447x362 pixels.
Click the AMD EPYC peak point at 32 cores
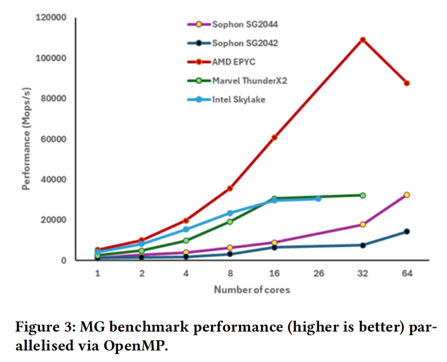click(362, 40)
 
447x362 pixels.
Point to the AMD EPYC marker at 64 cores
click(406, 83)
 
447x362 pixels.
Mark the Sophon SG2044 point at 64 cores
click(406, 195)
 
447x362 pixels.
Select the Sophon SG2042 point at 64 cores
click(406, 232)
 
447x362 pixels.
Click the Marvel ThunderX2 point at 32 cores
click(362, 195)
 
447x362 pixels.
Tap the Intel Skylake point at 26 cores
click(318, 199)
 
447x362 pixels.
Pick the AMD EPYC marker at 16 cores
click(274, 137)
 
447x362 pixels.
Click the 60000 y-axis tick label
click(53, 139)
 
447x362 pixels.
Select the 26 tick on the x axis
click(318, 274)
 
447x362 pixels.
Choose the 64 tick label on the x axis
click(406, 274)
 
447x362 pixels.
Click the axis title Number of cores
click(252, 289)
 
